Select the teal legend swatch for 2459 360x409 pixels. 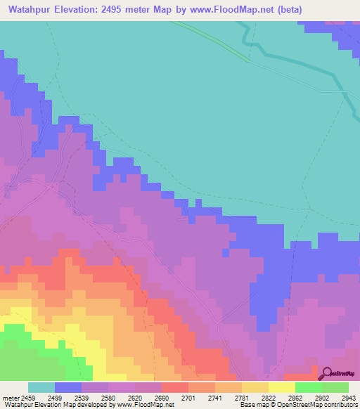(x=41, y=387)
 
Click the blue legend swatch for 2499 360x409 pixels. (x=68, y=387)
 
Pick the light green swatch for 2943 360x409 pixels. (x=335, y=387)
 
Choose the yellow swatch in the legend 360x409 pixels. (x=282, y=387)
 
